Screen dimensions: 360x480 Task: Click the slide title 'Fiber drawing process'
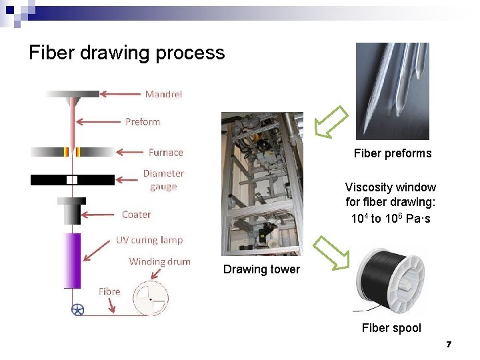coord(127,53)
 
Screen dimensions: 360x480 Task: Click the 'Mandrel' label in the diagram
coord(163,94)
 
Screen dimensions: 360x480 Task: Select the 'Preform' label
coord(143,122)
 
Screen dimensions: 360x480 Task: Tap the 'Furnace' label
coord(165,152)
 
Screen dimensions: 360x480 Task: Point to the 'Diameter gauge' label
coord(163,180)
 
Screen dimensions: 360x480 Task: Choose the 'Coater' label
coord(136,215)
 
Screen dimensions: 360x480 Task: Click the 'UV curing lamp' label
coord(149,240)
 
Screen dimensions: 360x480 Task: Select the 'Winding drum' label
coord(159,261)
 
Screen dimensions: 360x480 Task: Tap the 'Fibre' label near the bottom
coord(109,291)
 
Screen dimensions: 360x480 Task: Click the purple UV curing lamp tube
coord(72,260)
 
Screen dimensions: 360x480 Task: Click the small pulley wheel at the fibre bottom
coord(78,309)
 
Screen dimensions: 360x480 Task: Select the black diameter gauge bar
coord(72,180)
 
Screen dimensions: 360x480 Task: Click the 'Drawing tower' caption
coord(261,269)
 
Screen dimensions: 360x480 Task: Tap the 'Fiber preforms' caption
coord(393,153)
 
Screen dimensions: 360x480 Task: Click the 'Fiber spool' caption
coord(391,327)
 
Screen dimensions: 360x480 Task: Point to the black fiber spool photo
coord(390,280)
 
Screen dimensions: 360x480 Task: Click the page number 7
coord(449,345)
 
